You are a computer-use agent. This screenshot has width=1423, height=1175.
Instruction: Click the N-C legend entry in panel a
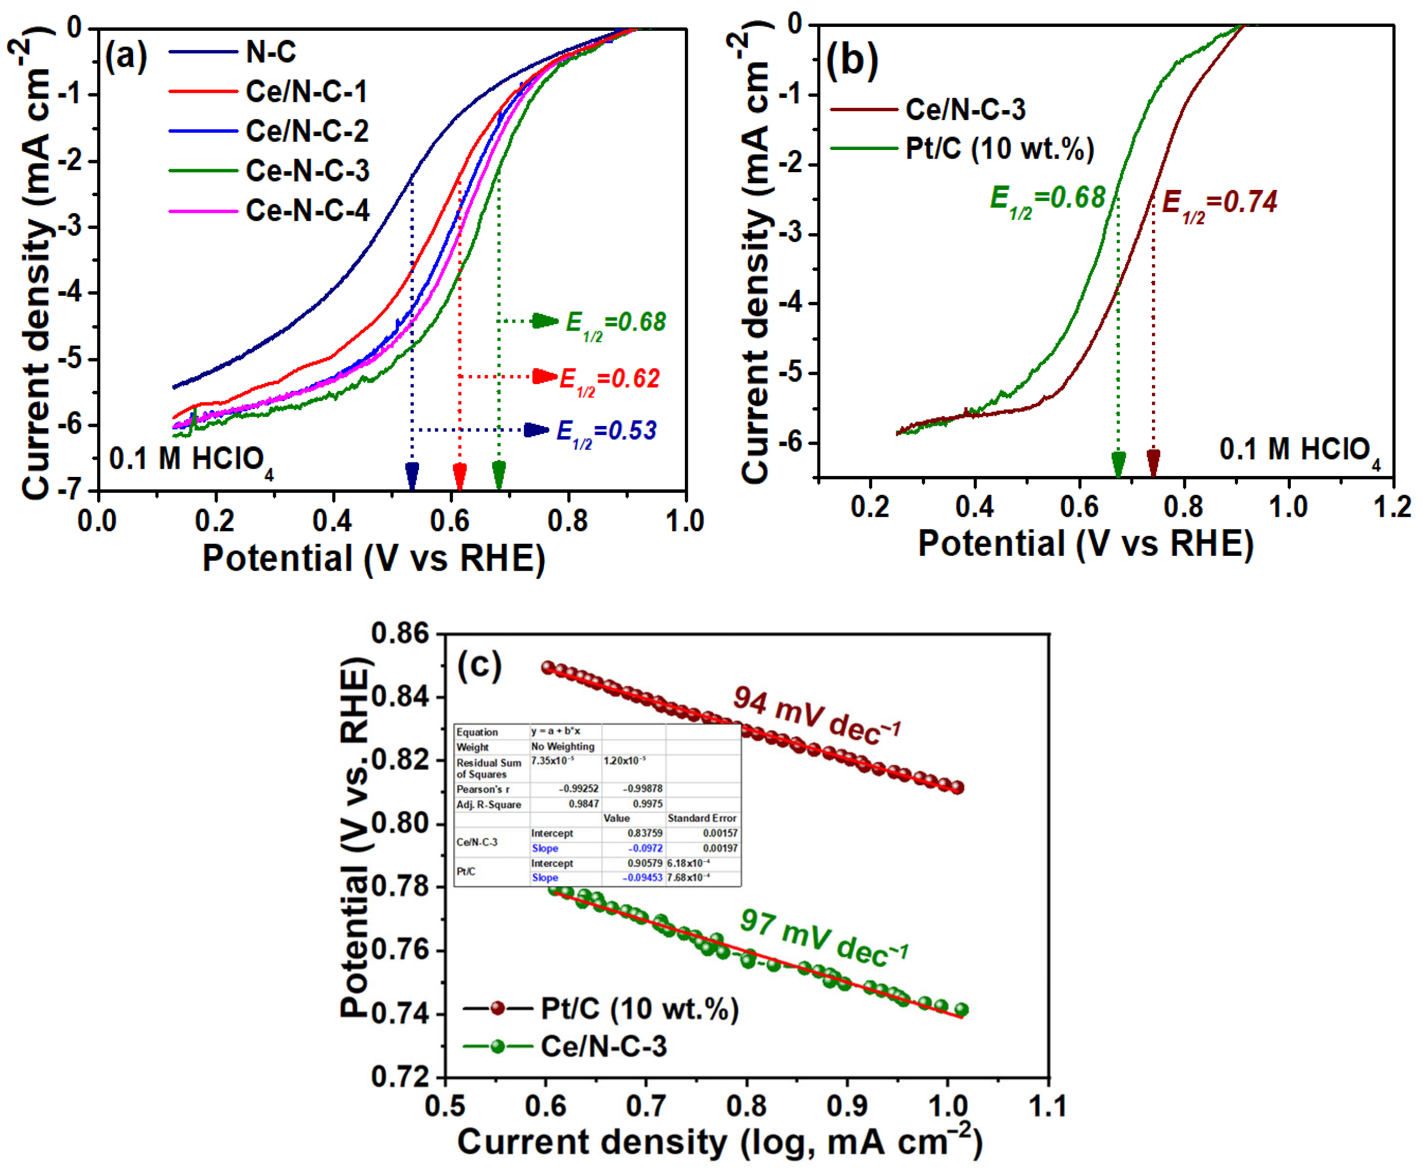pyautogui.click(x=271, y=52)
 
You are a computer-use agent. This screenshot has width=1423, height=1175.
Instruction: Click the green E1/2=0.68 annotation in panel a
pyautogui.click(x=615, y=323)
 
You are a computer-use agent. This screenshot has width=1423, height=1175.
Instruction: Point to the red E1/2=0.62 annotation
pyautogui.click(x=609, y=379)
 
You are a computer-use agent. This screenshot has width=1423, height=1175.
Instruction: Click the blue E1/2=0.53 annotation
pyautogui.click(x=606, y=431)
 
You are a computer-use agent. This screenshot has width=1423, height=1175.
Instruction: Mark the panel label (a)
pyautogui.click(x=126, y=57)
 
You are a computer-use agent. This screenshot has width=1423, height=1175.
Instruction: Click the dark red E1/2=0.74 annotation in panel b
pyautogui.click(x=1219, y=203)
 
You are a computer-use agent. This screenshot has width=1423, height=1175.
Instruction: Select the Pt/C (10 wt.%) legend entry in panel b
pyautogui.click(x=1000, y=148)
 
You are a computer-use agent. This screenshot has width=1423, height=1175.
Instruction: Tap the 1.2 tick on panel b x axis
pyautogui.click(x=1392, y=507)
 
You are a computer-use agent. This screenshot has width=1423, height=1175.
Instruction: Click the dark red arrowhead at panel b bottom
pyautogui.click(x=1154, y=462)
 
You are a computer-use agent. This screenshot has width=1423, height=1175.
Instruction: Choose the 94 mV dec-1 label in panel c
pyautogui.click(x=816, y=716)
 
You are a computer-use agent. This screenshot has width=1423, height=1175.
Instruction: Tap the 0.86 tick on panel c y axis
pyautogui.click(x=401, y=634)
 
